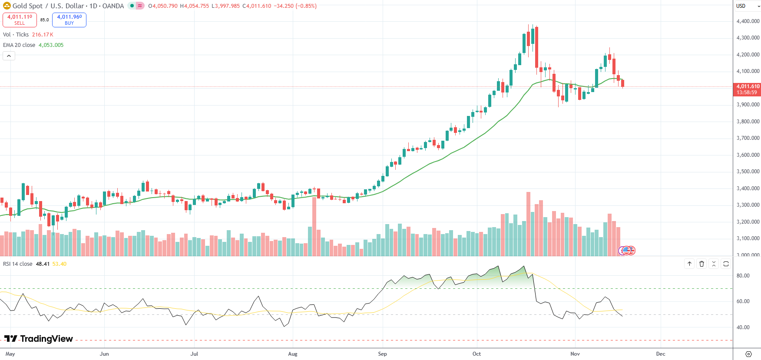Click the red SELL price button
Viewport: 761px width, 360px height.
pyautogui.click(x=20, y=20)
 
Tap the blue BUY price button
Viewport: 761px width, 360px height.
pyautogui.click(x=69, y=20)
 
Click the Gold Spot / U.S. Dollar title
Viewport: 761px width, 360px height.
pyautogui.click(x=48, y=6)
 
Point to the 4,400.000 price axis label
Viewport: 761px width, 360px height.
pyautogui.click(x=748, y=21)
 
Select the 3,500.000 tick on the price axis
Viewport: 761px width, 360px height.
pyautogui.click(x=748, y=172)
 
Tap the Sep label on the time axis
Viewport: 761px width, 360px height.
pyautogui.click(x=382, y=354)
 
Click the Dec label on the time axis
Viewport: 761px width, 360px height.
pyautogui.click(x=660, y=354)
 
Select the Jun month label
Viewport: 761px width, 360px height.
pyautogui.click(x=104, y=354)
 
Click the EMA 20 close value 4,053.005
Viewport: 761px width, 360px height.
pyautogui.click(x=51, y=45)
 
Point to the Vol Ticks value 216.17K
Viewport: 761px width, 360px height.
pyautogui.click(x=43, y=35)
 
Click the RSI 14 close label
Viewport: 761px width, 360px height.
pyautogui.click(x=18, y=264)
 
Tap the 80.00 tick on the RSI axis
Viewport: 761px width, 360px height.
pyautogui.click(x=743, y=276)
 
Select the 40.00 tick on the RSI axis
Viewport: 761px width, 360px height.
pyautogui.click(x=743, y=327)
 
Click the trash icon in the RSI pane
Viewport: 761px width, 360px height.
pyautogui.click(x=701, y=264)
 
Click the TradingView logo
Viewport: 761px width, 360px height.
pyautogui.click(x=39, y=339)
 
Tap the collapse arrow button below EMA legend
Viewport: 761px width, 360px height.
pyautogui.click(x=9, y=56)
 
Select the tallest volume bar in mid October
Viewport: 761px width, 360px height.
pyautogui.click(x=528, y=224)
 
